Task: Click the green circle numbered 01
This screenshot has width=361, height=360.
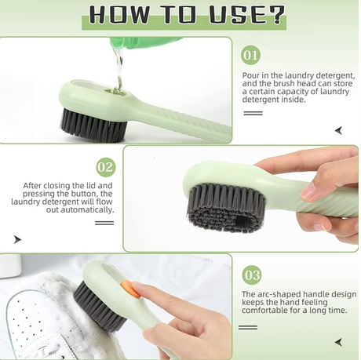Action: point(251,55)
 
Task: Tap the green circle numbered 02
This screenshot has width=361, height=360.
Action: point(105,167)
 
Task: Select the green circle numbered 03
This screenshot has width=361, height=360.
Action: point(251,275)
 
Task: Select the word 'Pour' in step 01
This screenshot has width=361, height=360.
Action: point(253,75)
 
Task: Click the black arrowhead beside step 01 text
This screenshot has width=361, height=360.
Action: point(338,130)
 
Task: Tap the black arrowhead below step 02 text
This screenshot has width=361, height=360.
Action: point(17,239)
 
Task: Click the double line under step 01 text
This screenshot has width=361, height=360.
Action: point(252,113)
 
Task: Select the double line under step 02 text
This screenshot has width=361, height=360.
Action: point(104,223)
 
